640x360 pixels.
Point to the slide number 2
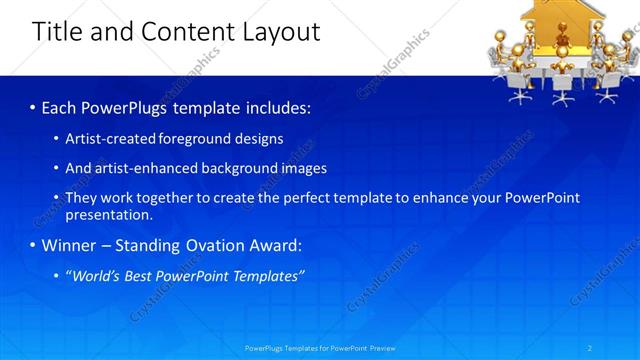590,348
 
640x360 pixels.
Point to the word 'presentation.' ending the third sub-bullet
108,214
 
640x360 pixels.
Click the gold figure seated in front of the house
562,55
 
